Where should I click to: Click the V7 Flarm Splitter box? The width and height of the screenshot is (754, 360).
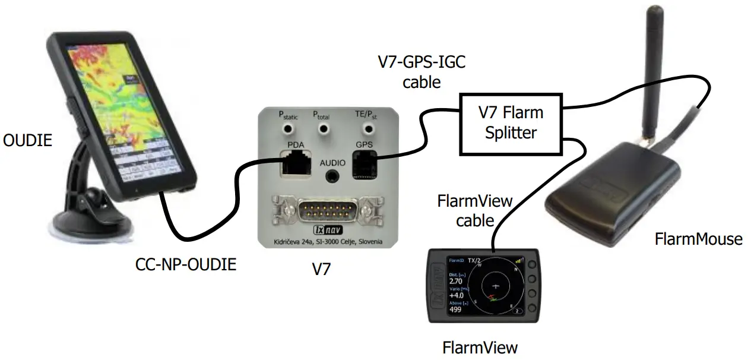(511, 122)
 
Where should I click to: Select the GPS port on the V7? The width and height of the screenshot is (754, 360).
(363, 162)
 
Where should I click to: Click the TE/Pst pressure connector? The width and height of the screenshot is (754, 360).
(361, 129)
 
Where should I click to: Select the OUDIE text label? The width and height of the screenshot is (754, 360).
(27, 141)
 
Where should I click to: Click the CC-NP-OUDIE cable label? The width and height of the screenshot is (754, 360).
(186, 264)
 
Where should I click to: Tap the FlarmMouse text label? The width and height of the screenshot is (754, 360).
(698, 239)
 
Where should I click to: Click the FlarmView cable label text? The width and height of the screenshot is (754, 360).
(474, 210)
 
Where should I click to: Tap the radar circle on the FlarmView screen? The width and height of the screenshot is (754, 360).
(496, 285)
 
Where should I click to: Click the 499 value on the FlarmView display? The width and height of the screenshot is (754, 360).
(456, 310)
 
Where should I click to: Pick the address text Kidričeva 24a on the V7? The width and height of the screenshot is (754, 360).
(291, 242)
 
